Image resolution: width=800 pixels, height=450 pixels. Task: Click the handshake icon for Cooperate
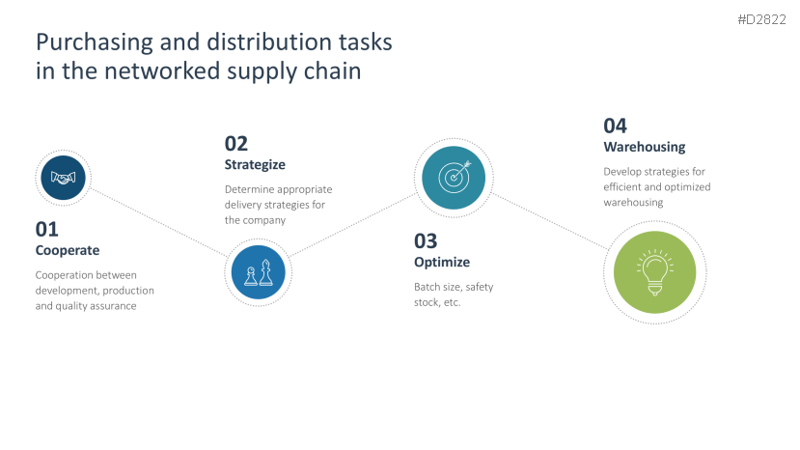(64, 179)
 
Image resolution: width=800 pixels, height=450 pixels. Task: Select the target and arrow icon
(454, 177)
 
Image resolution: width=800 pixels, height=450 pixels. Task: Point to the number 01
(47, 229)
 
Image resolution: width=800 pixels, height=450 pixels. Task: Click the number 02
(236, 144)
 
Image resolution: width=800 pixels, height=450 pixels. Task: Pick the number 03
(426, 240)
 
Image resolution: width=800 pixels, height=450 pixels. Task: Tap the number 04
(615, 126)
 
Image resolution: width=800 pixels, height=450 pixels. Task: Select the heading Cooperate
(68, 250)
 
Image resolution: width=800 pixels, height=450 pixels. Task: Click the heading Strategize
(255, 165)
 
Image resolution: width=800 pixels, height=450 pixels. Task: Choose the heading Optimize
(442, 262)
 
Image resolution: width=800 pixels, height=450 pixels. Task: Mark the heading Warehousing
(644, 147)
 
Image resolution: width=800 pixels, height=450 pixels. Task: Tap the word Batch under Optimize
(428, 287)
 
